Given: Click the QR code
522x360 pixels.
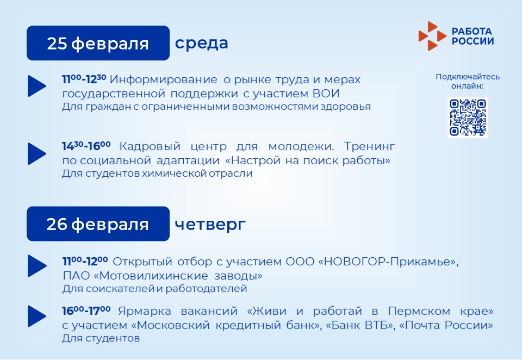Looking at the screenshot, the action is coord(468,117).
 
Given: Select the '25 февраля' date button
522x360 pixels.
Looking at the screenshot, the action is coord(98,43).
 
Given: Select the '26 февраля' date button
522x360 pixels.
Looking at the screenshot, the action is coord(98,224).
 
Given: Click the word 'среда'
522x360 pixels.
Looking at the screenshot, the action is coord(201,44).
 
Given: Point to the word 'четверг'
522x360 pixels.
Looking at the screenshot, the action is coord(210,225).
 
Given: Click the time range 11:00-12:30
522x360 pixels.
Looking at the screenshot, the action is coord(84,79).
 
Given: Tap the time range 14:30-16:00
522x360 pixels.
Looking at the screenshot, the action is coord(86,146).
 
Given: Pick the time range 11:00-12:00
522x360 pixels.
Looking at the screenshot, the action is coord(85,261).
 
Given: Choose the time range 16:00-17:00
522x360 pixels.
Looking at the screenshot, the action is coord(86,311).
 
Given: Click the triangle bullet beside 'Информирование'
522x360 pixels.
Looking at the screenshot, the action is coord(36,86).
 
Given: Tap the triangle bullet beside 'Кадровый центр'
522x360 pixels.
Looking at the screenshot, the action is coord(36,153).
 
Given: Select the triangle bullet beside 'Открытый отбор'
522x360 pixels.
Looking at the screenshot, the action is coord(37,266).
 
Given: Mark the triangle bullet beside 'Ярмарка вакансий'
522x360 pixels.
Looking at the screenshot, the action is coord(36,316).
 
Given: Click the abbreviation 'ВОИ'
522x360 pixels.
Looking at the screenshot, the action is coord(326,94).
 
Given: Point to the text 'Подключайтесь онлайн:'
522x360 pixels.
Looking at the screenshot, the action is coord(468,81).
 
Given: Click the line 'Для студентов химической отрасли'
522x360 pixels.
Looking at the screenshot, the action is coord(157,173).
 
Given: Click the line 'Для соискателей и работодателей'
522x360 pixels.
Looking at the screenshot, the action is coord(154,289).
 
